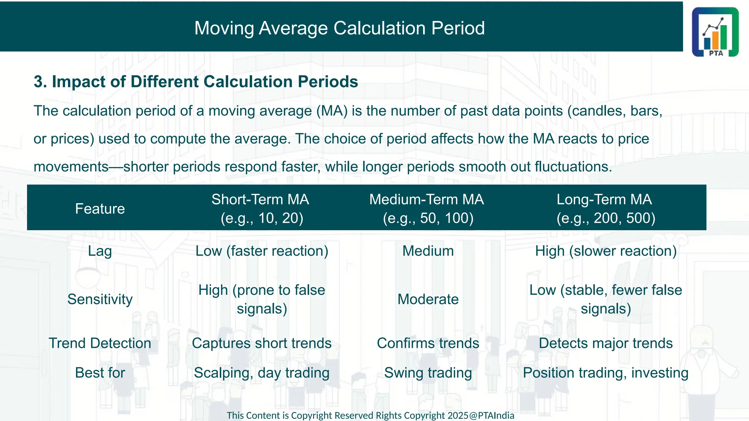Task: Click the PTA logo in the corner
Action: click(715, 32)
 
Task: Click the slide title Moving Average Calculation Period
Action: click(339, 28)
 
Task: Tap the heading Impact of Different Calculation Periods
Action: click(196, 81)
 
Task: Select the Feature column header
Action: click(100, 209)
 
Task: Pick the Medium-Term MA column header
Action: click(427, 209)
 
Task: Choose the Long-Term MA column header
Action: click(605, 209)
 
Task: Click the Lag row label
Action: click(100, 251)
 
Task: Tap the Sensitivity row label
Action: click(100, 299)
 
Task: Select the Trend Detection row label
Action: click(100, 343)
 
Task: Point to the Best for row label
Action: click(100, 373)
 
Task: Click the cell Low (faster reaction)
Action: click(262, 251)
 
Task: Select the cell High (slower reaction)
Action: click(606, 251)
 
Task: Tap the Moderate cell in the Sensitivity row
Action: click(428, 299)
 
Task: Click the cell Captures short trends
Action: click(262, 343)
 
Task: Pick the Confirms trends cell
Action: click(428, 343)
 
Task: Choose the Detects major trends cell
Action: click(606, 343)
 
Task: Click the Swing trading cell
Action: click(428, 373)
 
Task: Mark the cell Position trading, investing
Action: click(606, 373)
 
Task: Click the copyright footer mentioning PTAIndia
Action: click(370, 416)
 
